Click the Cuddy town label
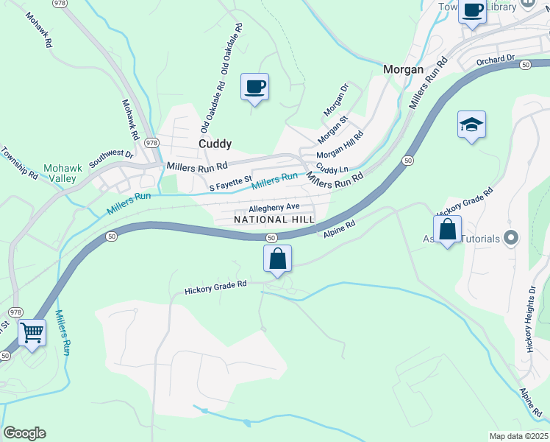[215, 144]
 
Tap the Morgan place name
[404, 69]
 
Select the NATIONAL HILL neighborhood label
[274, 220]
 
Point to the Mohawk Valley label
[63, 174]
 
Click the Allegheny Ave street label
[274, 207]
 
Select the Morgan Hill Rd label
[340, 146]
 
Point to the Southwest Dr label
[111, 156]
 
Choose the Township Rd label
[19, 163]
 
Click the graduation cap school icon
[471, 124]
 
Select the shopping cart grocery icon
[32, 332]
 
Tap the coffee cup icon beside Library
[473, 11]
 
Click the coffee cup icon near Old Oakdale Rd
[254, 86]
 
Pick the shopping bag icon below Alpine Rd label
[277, 258]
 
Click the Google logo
[24, 433]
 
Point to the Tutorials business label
[482, 239]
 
